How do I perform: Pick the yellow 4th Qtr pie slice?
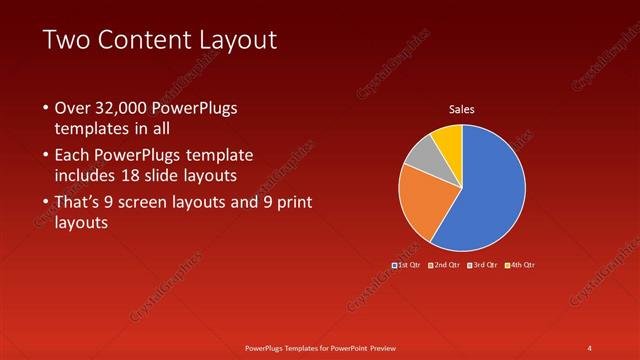[449, 140]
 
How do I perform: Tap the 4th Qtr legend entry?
[520, 264]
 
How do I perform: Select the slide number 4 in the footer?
[589, 347]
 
